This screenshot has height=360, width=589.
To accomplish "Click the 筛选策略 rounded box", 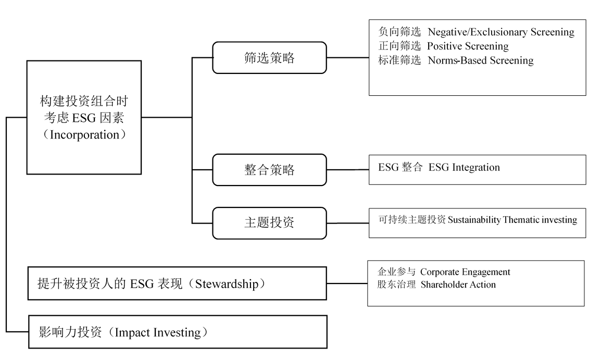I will [269, 57].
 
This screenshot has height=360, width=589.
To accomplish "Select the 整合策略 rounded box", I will [269, 169].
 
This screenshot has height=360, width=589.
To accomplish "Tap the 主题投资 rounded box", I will [269, 222].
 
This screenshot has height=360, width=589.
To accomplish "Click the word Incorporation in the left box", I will [84, 134].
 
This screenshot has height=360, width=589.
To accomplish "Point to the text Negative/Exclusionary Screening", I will [501, 32].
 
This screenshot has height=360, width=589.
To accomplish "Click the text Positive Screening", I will [468, 46].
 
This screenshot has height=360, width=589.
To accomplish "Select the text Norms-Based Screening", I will [480, 60].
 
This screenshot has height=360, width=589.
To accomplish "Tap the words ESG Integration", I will [464, 167].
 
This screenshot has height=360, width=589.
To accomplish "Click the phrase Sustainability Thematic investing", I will [512, 219].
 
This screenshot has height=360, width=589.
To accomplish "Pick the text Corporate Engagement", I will [465, 272].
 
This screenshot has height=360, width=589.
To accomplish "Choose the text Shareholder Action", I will [458, 284].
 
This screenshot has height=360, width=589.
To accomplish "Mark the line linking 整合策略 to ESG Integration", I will [347, 170].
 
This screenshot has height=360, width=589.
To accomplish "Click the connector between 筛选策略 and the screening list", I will [347, 57].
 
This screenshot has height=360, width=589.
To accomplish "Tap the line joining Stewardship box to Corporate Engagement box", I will [347, 284].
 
